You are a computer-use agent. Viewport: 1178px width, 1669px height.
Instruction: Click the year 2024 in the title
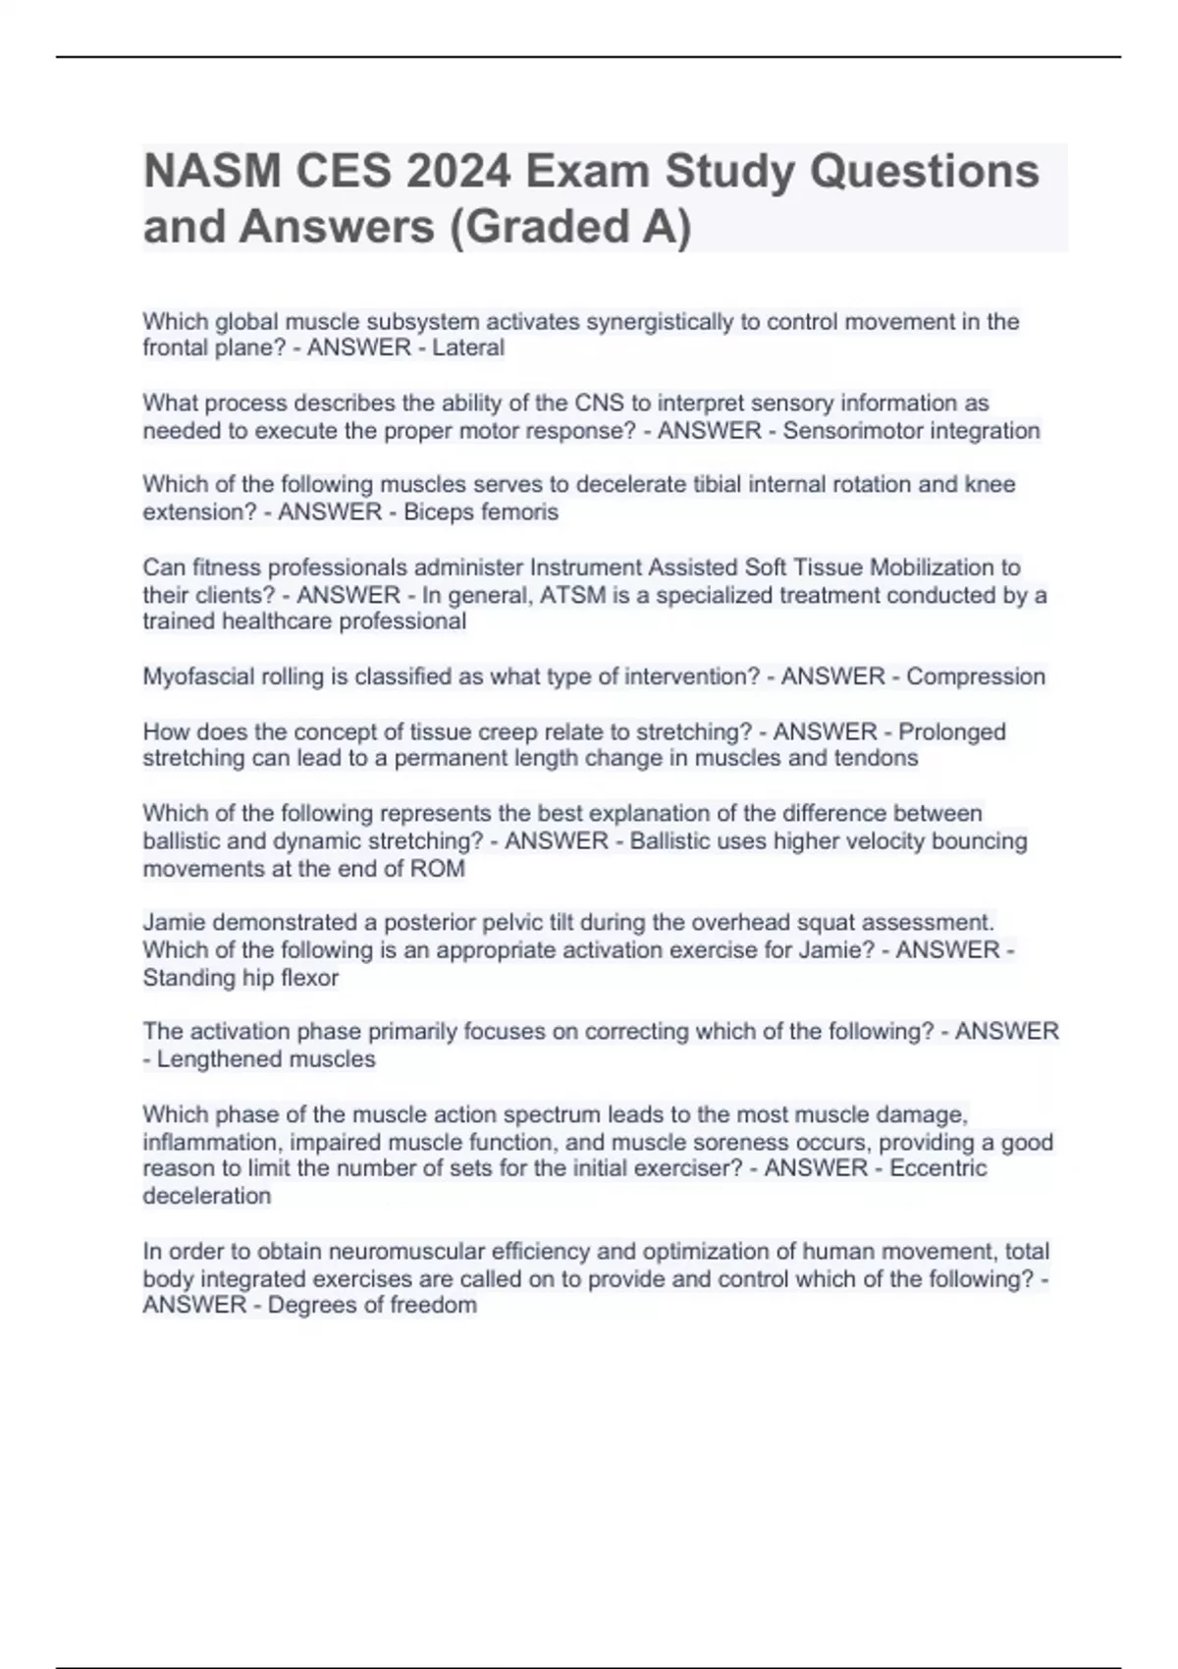tap(458, 172)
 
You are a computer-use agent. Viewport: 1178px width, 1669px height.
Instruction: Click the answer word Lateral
tap(468, 348)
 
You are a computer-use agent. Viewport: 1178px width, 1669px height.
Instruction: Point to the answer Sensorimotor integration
tap(911, 431)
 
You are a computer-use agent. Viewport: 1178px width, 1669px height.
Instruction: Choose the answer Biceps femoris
tap(481, 512)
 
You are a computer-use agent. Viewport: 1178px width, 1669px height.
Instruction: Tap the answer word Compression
tap(975, 676)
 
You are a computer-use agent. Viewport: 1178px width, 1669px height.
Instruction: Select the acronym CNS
tap(599, 404)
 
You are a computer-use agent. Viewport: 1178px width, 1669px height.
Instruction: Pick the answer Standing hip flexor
tap(241, 978)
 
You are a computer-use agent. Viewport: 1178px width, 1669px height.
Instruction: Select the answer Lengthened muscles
tap(266, 1059)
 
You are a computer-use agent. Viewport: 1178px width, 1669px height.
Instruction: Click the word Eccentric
tap(937, 1168)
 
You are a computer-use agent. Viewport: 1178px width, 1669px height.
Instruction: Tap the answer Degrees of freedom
tap(372, 1306)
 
